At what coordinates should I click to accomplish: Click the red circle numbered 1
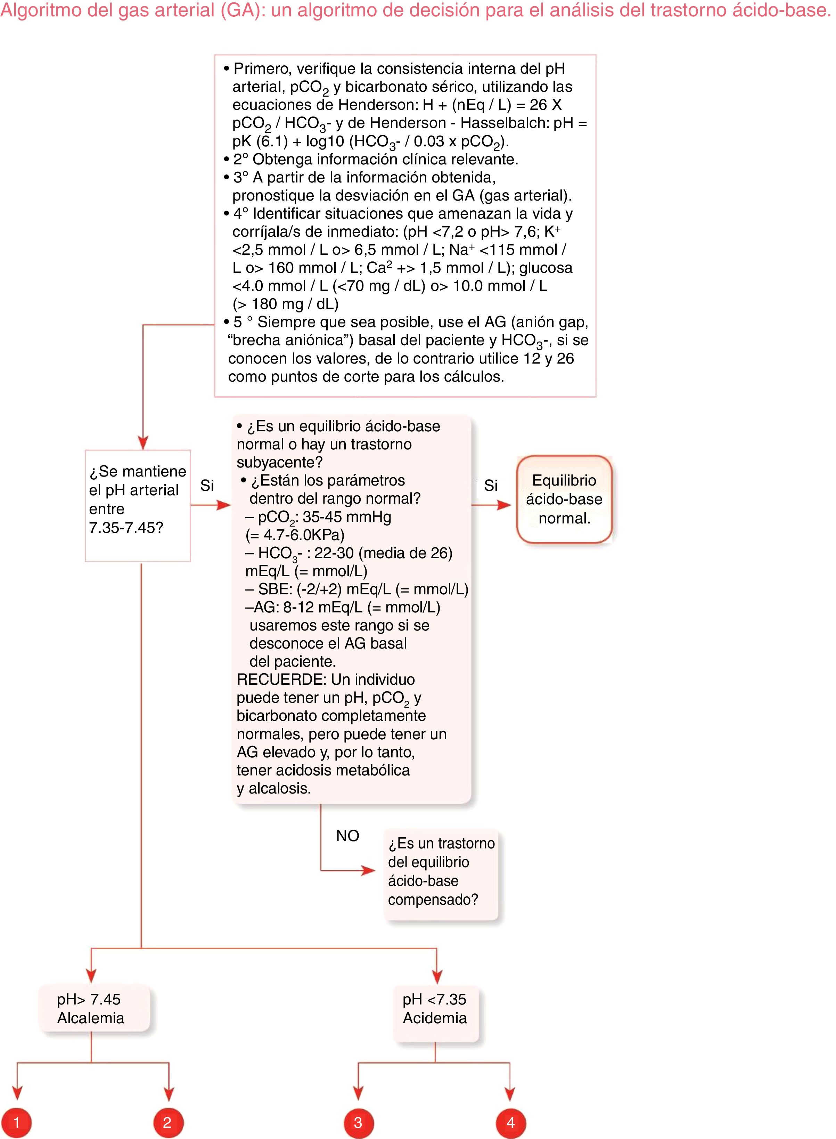[16, 1122]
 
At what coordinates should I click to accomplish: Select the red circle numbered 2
[168, 1122]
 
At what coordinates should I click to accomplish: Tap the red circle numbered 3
[358, 1122]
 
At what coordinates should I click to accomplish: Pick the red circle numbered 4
[511, 1122]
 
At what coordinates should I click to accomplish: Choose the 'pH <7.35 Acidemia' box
[435, 1008]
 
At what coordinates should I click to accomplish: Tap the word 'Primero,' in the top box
[263, 68]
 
